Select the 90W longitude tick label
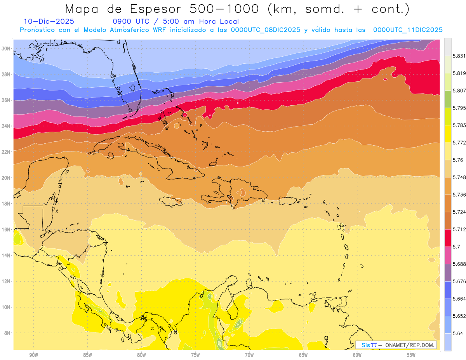[33, 355]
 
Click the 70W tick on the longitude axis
[249, 355]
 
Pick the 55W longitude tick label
[411, 355]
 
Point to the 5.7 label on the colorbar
[456, 247]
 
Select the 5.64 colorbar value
[458, 333]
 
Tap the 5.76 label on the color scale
[458, 160]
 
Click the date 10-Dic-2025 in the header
[49, 22]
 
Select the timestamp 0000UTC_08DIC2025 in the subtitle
[266, 30]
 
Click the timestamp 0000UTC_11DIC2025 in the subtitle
[408, 30]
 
